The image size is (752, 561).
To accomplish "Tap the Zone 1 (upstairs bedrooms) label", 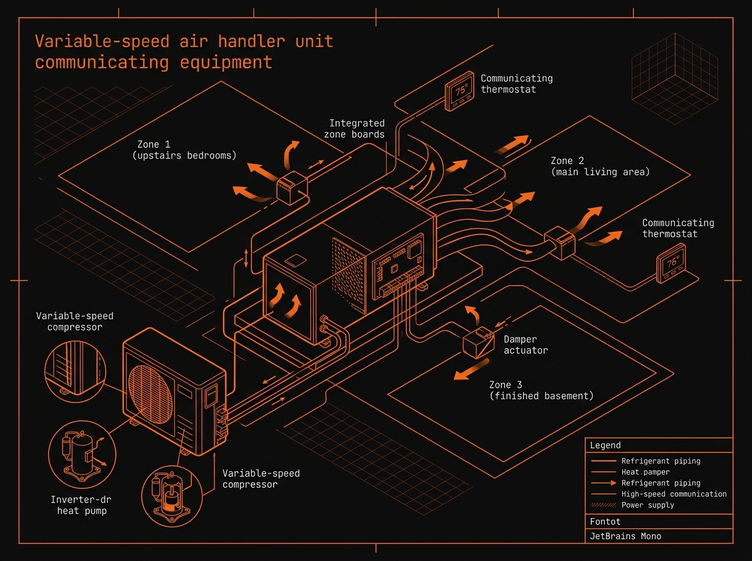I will pyautogui.click(x=184, y=150).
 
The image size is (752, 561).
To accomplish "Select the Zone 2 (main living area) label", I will pyautogui.click(x=600, y=166).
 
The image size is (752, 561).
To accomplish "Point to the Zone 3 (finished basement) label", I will pyautogui.click(x=541, y=390).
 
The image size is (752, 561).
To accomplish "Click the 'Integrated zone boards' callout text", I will pyautogui.click(x=357, y=128).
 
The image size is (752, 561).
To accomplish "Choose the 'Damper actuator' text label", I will pyautogui.click(x=525, y=344).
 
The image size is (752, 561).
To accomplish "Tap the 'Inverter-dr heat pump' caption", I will pyautogui.click(x=78, y=505).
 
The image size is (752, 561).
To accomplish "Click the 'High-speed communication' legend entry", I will pyautogui.click(x=674, y=494).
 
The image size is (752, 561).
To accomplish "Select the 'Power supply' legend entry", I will pyautogui.click(x=647, y=505).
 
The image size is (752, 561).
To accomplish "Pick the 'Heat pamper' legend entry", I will pyautogui.click(x=645, y=472).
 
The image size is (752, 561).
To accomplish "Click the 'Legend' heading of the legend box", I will pyautogui.click(x=605, y=445).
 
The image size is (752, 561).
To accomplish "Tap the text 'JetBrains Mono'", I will pyautogui.click(x=625, y=536).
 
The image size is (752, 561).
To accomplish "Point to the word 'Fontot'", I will pyautogui.click(x=605, y=521).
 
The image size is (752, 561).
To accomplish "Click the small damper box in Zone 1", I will pyautogui.click(x=290, y=188).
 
